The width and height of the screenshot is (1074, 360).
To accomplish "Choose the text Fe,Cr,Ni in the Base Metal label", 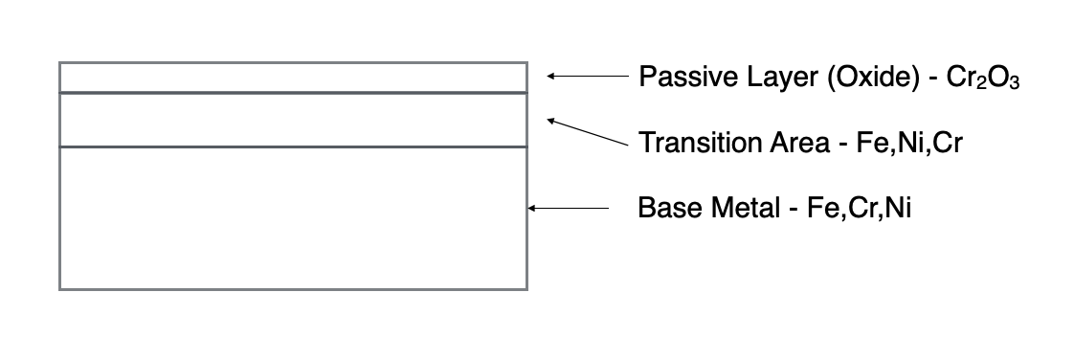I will tap(860, 207).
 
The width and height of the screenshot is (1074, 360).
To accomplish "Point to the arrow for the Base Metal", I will tap(569, 208).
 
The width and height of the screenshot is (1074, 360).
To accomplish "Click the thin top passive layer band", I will tap(293, 78).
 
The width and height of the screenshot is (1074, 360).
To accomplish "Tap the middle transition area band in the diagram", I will tap(293, 120).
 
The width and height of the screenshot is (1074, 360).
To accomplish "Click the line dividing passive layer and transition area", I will tap(293, 93).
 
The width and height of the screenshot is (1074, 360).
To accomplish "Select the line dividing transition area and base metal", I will tap(293, 146).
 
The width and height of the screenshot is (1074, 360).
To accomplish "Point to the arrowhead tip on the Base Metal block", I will tap(530, 208).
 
